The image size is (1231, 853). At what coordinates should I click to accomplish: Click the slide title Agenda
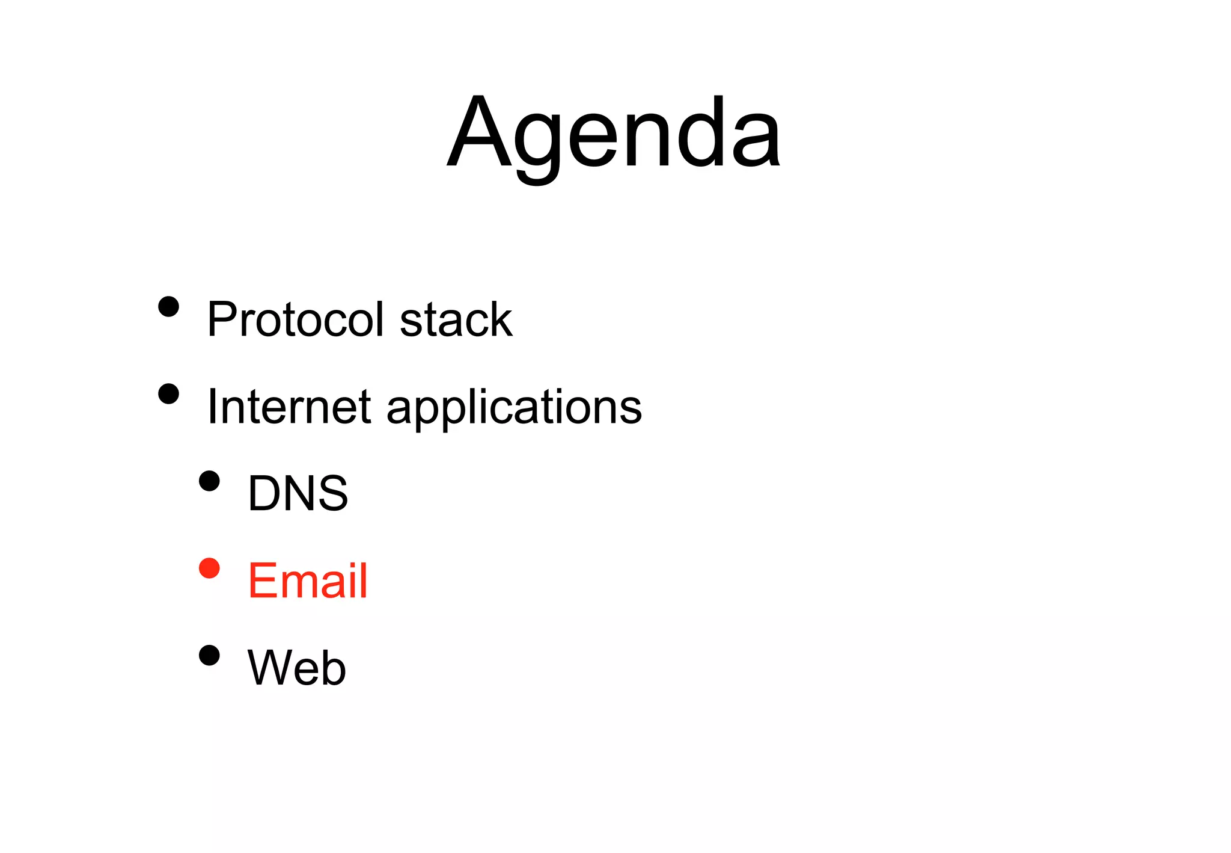click(x=614, y=134)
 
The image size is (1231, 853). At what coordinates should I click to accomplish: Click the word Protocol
click(x=295, y=319)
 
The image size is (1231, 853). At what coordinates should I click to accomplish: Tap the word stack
click(x=456, y=319)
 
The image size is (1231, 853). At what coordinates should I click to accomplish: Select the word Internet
click(x=289, y=407)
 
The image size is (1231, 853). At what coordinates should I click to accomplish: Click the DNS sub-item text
click(x=298, y=493)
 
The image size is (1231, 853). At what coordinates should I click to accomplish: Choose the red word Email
click(x=307, y=580)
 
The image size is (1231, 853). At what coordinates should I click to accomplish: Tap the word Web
click(x=296, y=668)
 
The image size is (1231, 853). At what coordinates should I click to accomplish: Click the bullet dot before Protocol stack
click(x=169, y=306)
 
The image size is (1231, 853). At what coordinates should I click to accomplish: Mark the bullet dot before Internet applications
click(x=169, y=394)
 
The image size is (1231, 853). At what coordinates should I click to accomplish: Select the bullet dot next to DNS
click(x=209, y=481)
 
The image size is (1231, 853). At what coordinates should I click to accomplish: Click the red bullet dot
click(x=209, y=568)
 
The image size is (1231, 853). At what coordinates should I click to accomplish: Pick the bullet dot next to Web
click(x=209, y=656)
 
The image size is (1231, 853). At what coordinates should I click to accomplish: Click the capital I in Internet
click(x=212, y=407)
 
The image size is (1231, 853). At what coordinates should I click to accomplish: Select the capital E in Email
click(x=263, y=580)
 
